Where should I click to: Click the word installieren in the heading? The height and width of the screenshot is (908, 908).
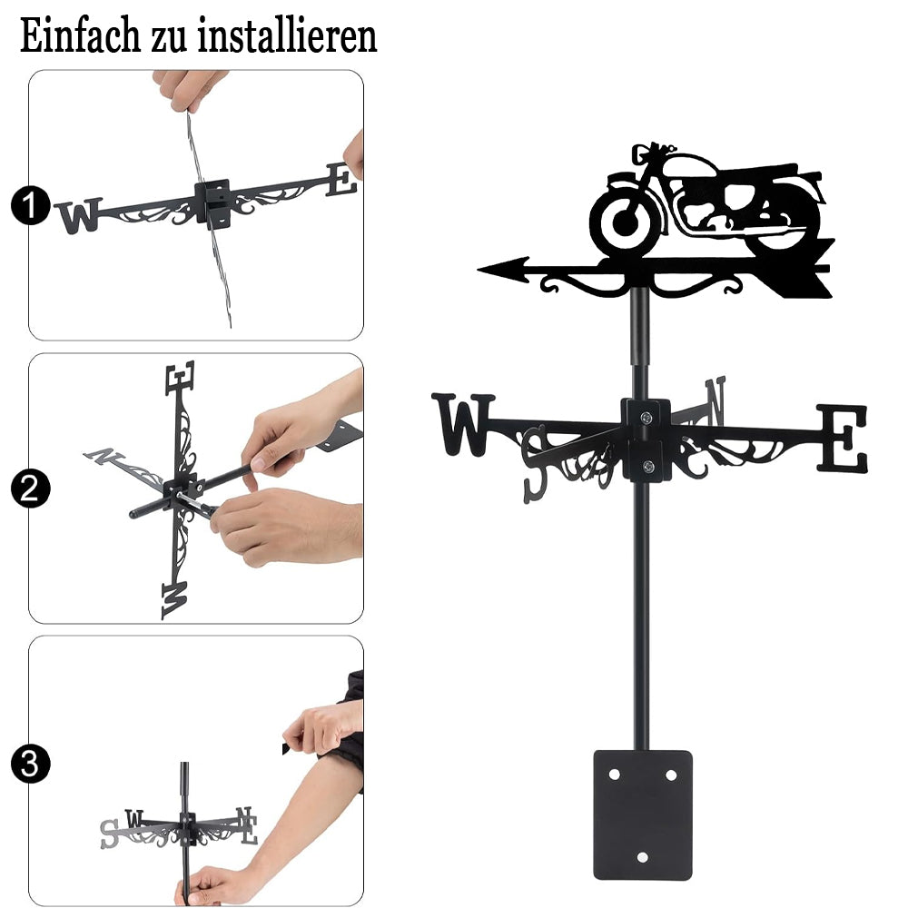tap(287, 35)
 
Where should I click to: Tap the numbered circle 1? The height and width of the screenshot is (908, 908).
tap(30, 205)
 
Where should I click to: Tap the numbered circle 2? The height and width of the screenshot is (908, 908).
tap(30, 489)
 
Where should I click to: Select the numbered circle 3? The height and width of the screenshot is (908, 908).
tap(30, 764)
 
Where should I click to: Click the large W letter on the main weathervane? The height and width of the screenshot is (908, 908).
tap(463, 424)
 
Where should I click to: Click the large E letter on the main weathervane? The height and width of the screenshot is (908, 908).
tap(842, 438)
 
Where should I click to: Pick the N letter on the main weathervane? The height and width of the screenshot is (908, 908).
tap(716, 400)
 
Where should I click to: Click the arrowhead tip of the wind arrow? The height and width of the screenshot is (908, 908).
tap(479, 270)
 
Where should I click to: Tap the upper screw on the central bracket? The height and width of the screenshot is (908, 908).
tap(646, 417)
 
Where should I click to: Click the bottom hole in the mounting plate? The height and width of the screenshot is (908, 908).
tap(642, 857)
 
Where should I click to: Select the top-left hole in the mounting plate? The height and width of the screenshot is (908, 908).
tap(614, 775)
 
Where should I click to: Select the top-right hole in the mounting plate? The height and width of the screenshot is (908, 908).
tap(671, 775)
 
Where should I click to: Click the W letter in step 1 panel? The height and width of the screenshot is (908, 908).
tap(79, 216)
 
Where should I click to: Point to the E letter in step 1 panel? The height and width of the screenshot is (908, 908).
tap(340, 180)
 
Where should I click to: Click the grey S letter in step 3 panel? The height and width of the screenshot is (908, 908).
tap(109, 834)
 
